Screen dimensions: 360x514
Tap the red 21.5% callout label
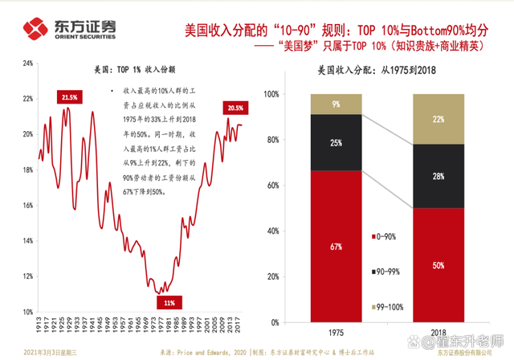[x=68, y=97]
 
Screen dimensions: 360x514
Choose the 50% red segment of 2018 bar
[x=439, y=265]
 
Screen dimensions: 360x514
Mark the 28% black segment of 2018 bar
[x=439, y=176]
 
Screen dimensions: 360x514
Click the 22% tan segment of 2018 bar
[x=439, y=119]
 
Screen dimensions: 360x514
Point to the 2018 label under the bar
[x=439, y=331]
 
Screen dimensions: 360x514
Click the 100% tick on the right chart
[x=271, y=94]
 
